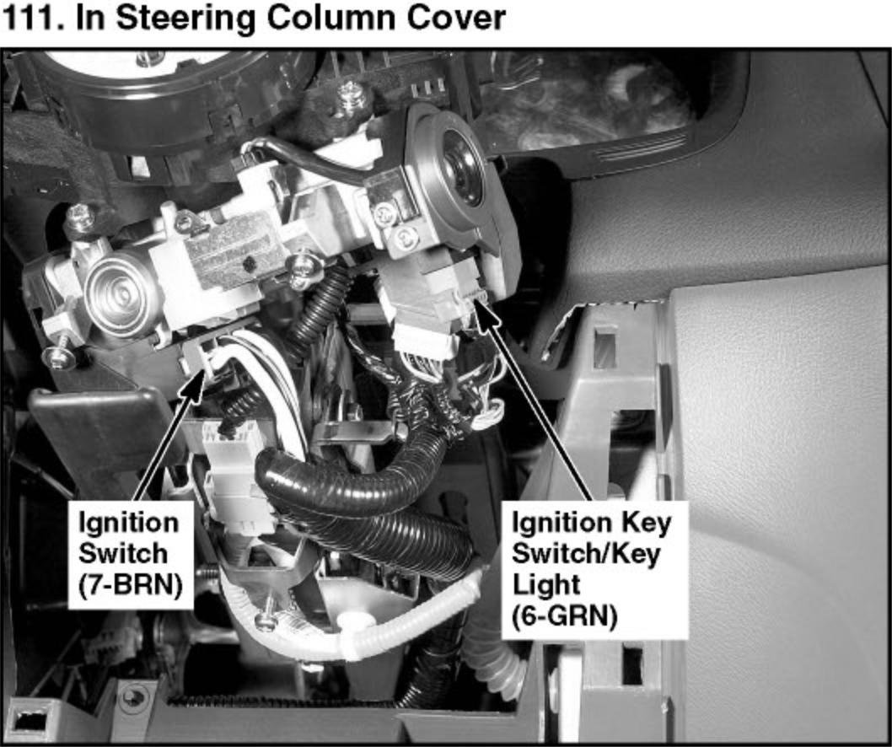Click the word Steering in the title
pyautogui.click(x=185, y=19)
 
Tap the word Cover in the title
pyautogui.click(x=456, y=19)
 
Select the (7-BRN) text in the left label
pyautogui.click(x=131, y=584)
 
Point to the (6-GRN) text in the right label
pyautogui.click(x=565, y=615)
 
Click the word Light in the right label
pyautogui.click(x=545, y=585)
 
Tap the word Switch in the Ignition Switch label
pyautogui.click(x=123, y=553)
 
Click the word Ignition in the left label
pyautogui.click(x=128, y=522)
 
